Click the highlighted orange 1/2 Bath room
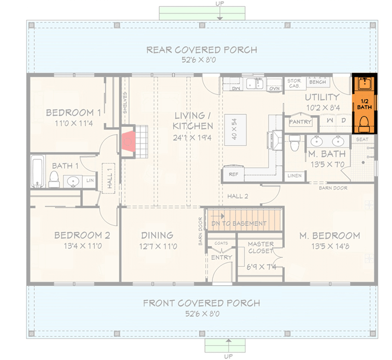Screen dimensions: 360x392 click(x=365, y=104)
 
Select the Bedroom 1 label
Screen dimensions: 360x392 click(x=73, y=113)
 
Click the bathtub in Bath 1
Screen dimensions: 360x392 click(x=37, y=172)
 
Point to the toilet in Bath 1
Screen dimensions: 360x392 click(x=53, y=178)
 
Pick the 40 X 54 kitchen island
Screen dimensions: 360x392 click(x=235, y=130)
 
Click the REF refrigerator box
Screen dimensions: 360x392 click(x=233, y=174)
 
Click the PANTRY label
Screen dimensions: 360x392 click(x=300, y=122)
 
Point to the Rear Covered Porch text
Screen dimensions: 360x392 click(x=202, y=50)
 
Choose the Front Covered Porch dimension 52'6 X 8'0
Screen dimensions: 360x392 click(x=202, y=313)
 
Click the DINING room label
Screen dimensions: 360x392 click(x=157, y=235)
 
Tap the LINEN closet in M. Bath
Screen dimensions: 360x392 click(x=294, y=176)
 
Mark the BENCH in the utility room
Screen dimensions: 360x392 click(x=317, y=82)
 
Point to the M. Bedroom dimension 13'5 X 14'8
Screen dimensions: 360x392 click(x=330, y=246)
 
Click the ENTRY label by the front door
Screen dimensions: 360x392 click(x=221, y=257)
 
